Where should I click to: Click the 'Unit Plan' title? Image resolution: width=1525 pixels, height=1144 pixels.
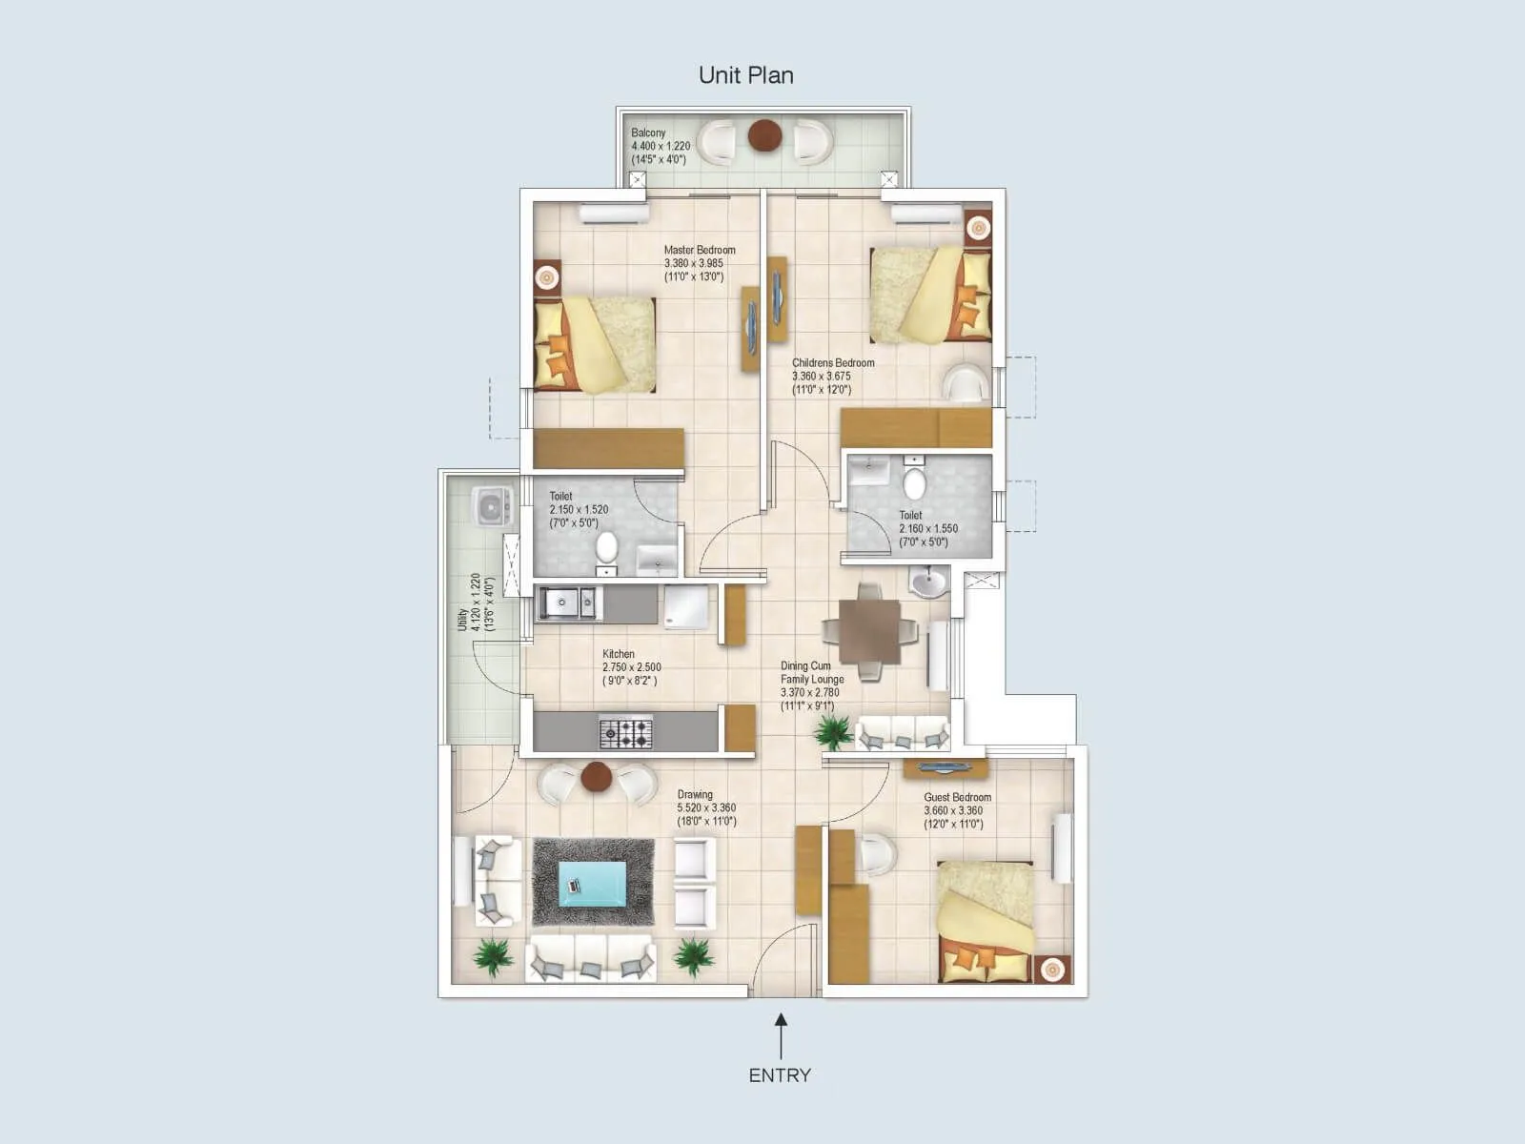745,75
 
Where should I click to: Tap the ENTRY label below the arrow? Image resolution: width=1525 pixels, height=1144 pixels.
780,1075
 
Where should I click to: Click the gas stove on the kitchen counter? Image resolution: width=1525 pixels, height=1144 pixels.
625,732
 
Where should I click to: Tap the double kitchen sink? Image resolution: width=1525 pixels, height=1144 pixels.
568,603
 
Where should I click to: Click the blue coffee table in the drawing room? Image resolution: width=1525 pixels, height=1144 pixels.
592,883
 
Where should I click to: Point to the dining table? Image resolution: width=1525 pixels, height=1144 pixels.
870,631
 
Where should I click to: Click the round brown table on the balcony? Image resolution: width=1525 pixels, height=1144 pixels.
764,136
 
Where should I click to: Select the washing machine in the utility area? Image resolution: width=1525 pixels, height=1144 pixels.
493,505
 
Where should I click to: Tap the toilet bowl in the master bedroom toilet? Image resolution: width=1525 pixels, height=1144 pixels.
607,548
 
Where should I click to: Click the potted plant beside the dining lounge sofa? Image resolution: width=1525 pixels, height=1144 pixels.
834,732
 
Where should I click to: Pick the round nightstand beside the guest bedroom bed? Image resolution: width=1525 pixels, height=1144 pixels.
1051,969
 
